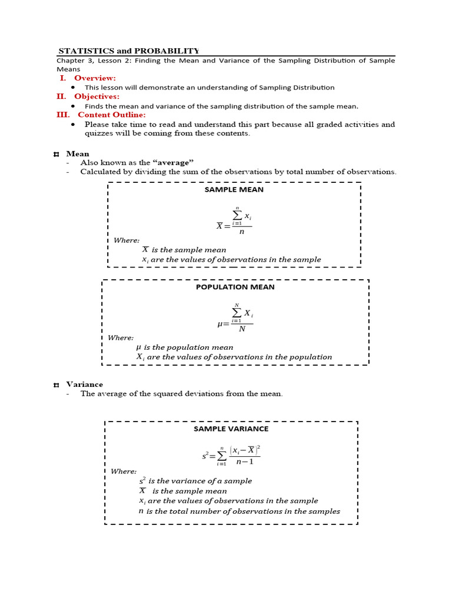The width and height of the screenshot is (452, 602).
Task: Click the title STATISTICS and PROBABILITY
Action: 129,51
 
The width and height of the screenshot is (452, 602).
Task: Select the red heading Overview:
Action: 95,78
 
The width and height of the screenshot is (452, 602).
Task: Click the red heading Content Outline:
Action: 111,115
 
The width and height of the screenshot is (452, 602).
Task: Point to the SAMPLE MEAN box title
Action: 234,190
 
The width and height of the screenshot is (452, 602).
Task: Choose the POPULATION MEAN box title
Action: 235,287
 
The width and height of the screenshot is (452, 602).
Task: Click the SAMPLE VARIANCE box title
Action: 231,429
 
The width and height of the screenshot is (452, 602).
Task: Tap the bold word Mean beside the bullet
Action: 78,154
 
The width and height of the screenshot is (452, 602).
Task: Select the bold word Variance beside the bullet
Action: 84,384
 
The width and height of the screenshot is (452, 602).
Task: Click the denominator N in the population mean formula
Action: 242,329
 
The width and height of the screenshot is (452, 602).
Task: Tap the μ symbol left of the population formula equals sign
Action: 220,324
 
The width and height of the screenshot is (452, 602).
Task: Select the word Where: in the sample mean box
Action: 127,240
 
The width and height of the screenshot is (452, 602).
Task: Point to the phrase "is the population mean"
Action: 188,347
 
